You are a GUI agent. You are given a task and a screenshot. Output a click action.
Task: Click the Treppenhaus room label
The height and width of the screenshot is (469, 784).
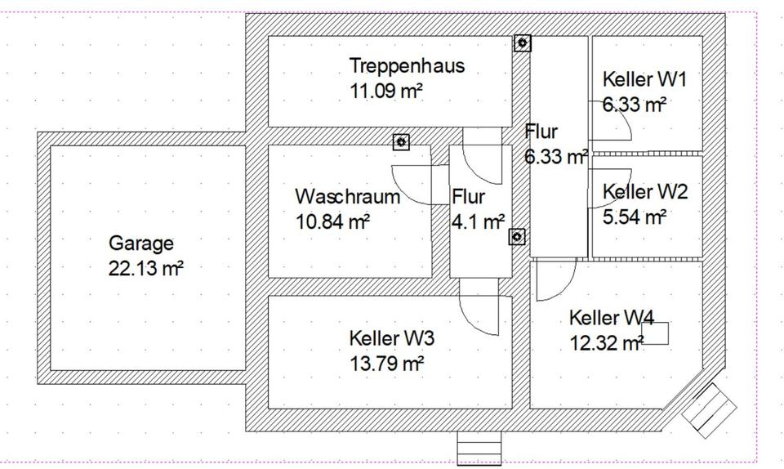[x=407, y=65]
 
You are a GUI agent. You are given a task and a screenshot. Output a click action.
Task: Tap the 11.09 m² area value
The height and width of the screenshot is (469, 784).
[x=386, y=91]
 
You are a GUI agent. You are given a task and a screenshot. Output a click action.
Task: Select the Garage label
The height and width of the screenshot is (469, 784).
[x=141, y=243]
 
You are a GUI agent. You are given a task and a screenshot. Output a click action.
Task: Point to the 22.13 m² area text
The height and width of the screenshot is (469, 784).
[x=145, y=268]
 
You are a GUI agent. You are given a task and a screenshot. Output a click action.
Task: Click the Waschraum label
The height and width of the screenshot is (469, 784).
[x=348, y=197]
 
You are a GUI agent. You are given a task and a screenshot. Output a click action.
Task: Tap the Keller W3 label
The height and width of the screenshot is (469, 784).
[x=391, y=338]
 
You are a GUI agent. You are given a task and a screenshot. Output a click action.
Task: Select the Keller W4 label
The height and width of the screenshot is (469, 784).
[x=612, y=318]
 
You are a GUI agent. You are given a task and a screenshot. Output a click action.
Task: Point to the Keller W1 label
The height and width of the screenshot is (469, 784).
[x=645, y=79]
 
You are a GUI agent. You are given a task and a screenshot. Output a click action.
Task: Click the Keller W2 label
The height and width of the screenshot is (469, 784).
[x=645, y=192]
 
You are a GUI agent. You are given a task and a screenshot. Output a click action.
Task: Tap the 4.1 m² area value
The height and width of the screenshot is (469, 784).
[x=478, y=221]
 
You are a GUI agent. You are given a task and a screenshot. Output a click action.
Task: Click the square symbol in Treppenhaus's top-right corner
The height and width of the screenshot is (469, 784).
[x=523, y=43]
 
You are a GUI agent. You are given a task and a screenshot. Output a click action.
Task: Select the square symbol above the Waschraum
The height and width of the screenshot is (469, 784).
[x=400, y=141]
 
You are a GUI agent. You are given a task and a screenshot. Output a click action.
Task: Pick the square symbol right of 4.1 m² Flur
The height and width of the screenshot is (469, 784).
[x=517, y=237]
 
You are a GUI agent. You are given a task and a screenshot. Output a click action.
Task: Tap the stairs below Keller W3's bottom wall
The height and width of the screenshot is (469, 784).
[x=479, y=447]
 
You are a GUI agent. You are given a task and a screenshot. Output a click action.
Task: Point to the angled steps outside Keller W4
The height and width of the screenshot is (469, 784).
[x=710, y=411]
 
